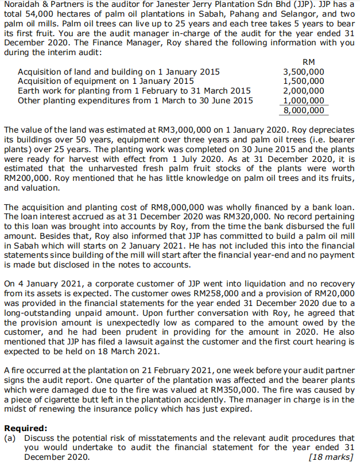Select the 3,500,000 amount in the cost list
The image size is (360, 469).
click(304, 72)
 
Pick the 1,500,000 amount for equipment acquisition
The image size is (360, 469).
click(304, 82)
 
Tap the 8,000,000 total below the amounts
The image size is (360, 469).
click(304, 110)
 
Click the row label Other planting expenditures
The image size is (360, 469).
click(136, 100)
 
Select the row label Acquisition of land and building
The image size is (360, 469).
click(119, 72)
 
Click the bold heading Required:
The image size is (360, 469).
click(26, 428)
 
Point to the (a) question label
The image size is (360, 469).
click(11, 438)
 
